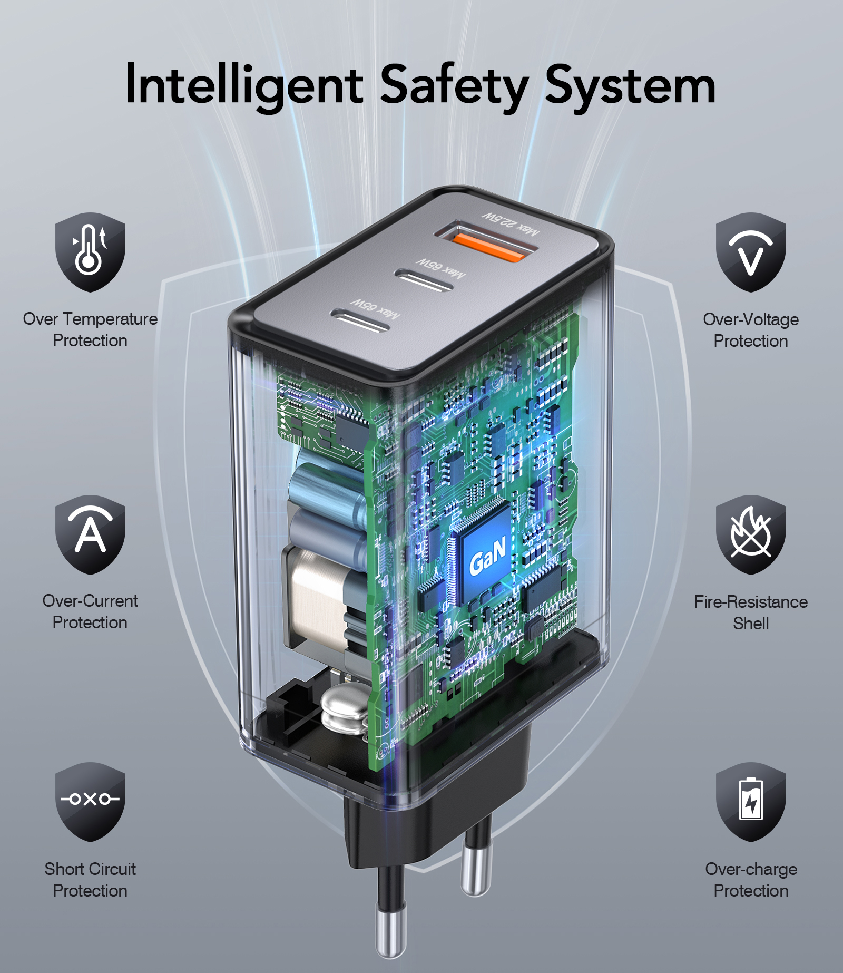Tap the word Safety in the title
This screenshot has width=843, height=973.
[454, 85]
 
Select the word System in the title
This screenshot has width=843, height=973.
[630, 86]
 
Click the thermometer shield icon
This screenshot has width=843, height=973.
[90, 252]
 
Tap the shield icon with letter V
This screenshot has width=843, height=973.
[751, 252]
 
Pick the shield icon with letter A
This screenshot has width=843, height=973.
[90, 534]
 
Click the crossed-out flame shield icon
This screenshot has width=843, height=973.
[751, 534]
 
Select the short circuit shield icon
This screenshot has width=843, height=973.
[90, 802]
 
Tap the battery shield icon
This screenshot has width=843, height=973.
[751, 802]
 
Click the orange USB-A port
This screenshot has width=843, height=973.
[488, 246]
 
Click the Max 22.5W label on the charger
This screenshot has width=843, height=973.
[512, 224]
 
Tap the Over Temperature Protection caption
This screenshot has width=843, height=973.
[90, 329]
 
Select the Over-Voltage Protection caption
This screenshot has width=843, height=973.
[751, 330]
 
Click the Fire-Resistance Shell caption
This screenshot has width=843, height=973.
[751, 612]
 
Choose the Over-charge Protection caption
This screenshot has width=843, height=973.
[751, 880]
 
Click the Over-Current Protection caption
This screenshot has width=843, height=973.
[90, 611]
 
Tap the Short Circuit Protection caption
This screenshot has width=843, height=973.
[90, 880]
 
